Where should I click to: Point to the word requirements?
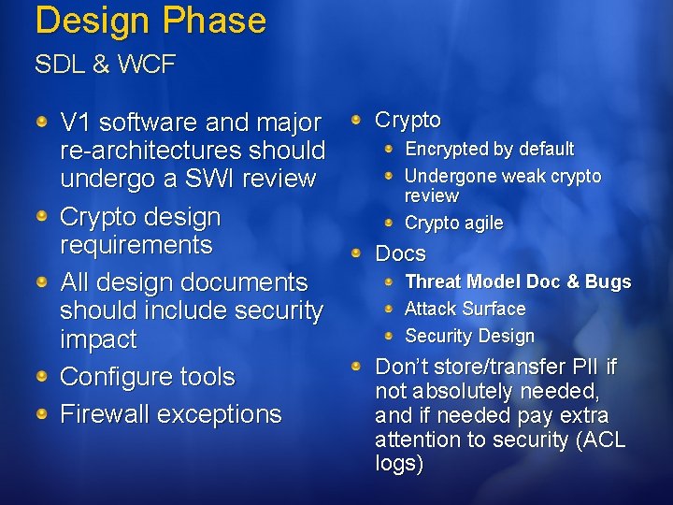(136, 245)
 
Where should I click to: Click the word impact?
(97, 339)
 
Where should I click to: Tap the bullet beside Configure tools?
(42, 376)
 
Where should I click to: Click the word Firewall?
(106, 413)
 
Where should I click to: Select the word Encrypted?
(447, 149)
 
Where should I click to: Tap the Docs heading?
(400, 253)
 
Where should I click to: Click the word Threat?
(433, 281)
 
